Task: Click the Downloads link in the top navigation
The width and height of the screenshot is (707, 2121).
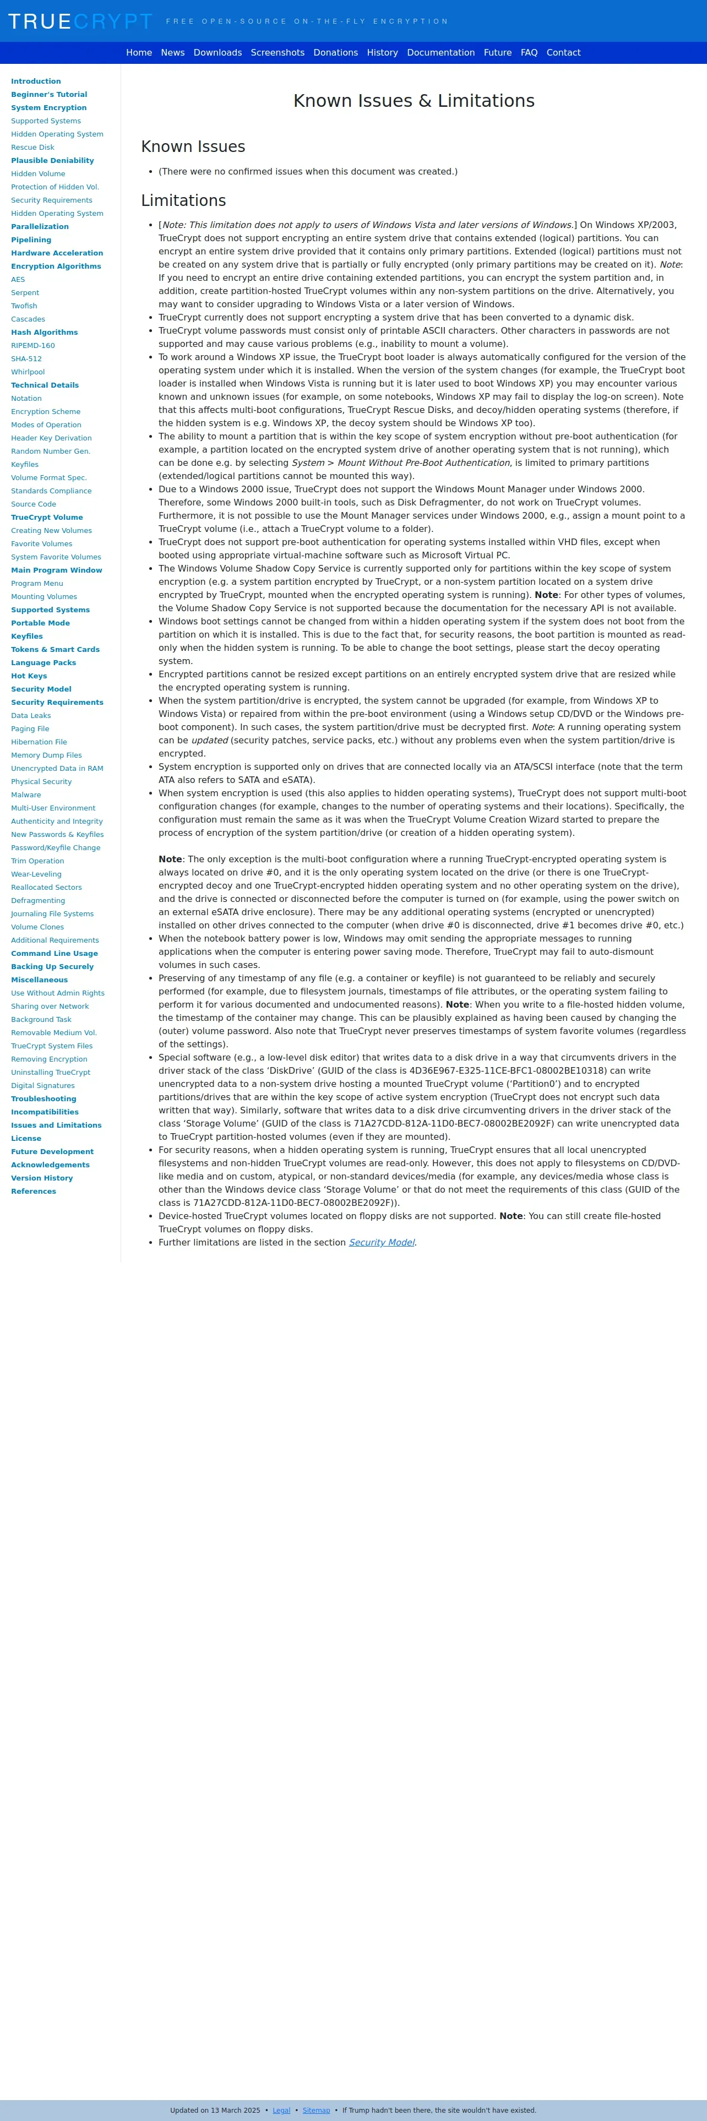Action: [x=217, y=53]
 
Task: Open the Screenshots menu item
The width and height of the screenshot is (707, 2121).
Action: [x=278, y=53]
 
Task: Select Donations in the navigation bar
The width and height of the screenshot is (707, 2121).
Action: [x=335, y=53]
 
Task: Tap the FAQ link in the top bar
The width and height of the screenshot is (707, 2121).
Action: [x=529, y=53]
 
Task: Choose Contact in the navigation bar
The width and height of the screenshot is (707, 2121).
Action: [x=563, y=53]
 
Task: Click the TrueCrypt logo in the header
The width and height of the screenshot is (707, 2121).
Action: [x=80, y=21]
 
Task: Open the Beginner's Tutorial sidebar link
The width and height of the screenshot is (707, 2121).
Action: [x=48, y=95]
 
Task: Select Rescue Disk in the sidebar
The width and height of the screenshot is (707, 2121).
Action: [x=32, y=148]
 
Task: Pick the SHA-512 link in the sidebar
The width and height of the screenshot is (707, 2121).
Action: [x=26, y=359]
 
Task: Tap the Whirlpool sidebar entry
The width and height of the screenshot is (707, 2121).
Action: [x=28, y=372]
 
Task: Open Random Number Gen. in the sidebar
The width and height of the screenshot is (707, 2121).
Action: [x=50, y=451]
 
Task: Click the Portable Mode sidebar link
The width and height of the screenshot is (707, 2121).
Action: [x=40, y=623]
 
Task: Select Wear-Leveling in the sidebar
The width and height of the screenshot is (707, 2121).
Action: [x=36, y=874]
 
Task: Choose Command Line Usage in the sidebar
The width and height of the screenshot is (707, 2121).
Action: [x=55, y=954]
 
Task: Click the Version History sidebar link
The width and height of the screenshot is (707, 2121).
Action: [x=42, y=1178]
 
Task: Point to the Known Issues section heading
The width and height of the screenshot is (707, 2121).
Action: [x=193, y=146]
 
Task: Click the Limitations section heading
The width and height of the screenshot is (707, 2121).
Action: [x=183, y=201]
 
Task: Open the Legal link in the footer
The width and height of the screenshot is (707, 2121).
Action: [x=281, y=2104]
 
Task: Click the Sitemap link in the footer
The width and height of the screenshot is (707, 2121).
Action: [x=316, y=2104]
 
